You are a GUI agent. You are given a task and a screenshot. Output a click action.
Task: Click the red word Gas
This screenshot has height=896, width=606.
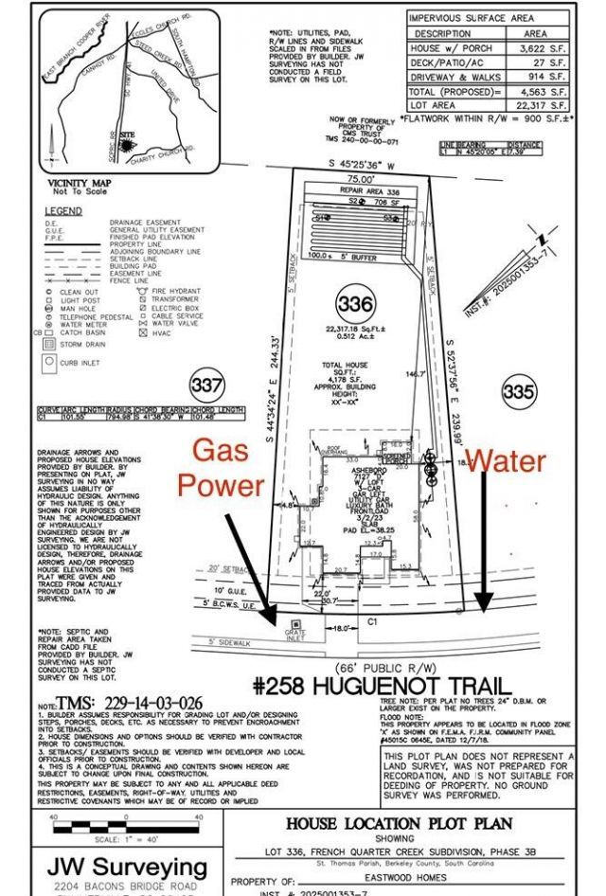[x=221, y=452]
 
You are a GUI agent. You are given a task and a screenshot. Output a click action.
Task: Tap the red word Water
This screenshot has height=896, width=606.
[x=506, y=461]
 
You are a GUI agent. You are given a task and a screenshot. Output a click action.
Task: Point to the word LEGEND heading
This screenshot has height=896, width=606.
[x=63, y=210]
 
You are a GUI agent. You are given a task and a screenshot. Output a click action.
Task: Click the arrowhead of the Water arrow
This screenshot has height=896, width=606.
[x=484, y=604]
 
